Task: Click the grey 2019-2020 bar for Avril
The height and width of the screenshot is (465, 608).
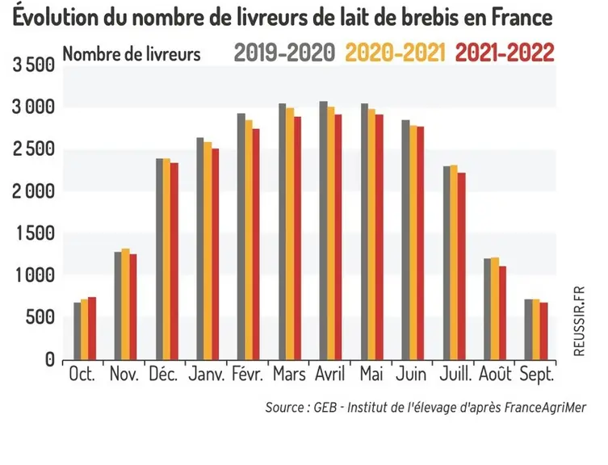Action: [x=324, y=230]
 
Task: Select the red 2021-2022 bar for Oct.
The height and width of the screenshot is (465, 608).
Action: [x=92, y=329]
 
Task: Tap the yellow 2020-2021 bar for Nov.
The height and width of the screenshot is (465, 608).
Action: [x=125, y=304]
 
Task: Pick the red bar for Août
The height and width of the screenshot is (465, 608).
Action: [x=502, y=313]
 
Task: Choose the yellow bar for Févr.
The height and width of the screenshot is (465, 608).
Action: [x=249, y=240]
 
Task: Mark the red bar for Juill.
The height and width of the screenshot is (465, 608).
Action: [x=461, y=266]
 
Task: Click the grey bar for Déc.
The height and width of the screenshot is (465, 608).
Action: [x=159, y=259]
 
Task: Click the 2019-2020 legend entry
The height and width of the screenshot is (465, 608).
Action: [x=284, y=52]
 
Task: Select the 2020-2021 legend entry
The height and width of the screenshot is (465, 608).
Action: [x=395, y=52]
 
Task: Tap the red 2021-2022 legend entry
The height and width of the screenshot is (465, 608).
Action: [x=505, y=52]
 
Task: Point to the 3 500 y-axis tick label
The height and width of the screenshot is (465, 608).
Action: [x=34, y=65]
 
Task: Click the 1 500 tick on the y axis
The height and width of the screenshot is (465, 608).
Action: [x=35, y=233]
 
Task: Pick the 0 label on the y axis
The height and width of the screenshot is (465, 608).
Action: [x=49, y=359]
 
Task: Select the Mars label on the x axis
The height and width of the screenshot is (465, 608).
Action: [x=289, y=375]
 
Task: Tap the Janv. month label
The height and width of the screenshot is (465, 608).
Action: [x=207, y=375]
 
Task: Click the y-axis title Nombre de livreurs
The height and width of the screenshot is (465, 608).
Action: [x=132, y=54]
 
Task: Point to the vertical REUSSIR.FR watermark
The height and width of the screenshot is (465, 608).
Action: [x=579, y=321]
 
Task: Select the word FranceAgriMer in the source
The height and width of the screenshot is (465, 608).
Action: [x=545, y=408]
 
